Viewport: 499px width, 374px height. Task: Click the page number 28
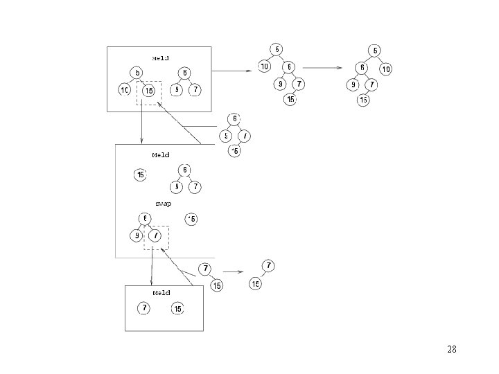coord(452,349)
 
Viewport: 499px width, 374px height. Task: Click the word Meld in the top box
coord(161,58)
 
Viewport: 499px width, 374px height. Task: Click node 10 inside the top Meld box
coord(125,91)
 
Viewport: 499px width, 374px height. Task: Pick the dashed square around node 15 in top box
coord(149,93)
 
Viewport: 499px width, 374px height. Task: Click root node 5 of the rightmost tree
coord(375,50)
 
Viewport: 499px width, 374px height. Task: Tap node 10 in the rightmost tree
coord(386,69)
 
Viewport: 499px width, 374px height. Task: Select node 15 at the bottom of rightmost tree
coord(363,100)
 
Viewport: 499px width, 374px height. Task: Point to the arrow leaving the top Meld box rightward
coord(231,71)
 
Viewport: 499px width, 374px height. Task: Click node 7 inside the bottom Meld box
coord(143,308)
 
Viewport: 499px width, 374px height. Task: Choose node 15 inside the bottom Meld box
coord(177,308)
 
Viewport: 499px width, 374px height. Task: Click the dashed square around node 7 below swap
coord(156,237)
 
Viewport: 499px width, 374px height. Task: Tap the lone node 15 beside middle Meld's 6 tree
coord(141,175)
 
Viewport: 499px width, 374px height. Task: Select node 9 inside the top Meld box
coord(177,91)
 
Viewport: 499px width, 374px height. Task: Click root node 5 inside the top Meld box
coord(138,73)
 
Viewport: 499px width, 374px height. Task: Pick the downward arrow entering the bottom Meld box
coord(152,267)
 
